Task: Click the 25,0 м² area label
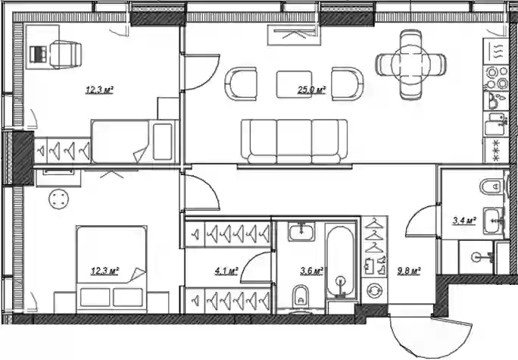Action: [x=311, y=90]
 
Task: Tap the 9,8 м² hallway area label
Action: [x=409, y=272]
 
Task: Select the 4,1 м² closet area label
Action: [x=226, y=272]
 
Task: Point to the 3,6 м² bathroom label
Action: [x=311, y=272]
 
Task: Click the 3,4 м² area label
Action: [x=464, y=221]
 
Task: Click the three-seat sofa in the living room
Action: [x=295, y=142]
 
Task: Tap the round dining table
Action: [x=411, y=64]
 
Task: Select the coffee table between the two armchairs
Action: [x=294, y=84]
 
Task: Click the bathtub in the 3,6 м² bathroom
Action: [x=341, y=261]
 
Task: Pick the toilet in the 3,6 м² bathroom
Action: [x=301, y=295]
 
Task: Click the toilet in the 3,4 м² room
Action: [x=491, y=186]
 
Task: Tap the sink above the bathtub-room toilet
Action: [x=301, y=231]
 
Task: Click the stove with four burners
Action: [x=496, y=78]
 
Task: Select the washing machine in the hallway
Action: [x=374, y=290]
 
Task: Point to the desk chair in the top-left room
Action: [x=65, y=55]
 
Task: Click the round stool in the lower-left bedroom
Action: [x=59, y=199]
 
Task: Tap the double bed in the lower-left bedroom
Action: [x=111, y=269]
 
